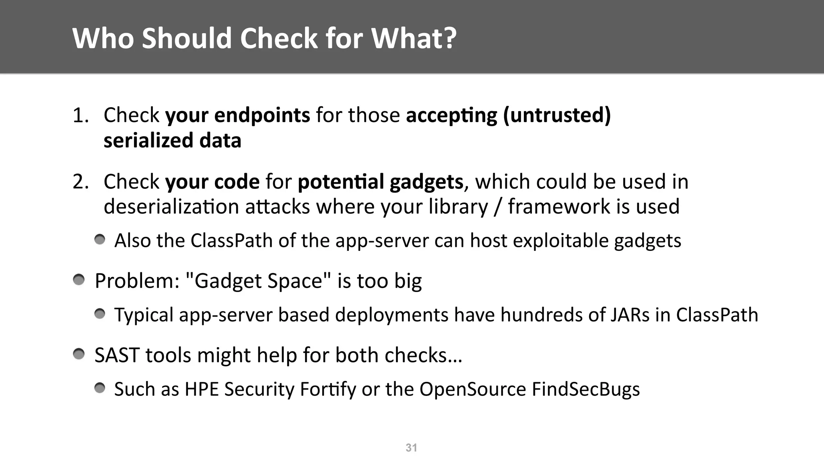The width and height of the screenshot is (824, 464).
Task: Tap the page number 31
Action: pyautogui.click(x=411, y=447)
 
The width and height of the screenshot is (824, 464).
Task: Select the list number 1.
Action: pyautogui.click(x=80, y=116)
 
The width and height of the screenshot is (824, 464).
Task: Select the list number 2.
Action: pyautogui.click(x=80, y=182)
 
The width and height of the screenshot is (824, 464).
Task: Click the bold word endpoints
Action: pyautogui.click(x=262, y=116)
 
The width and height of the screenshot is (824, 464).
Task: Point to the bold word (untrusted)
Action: pyautogui.click(x=557, y=116)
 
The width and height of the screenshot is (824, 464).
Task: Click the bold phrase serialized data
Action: pyautogui.click(x=172, y=141)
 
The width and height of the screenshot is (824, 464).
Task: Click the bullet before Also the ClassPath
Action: pyautogui.click(x=100, y=240)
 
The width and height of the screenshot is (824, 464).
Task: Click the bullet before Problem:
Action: pyautogui.click(x=79, y=280)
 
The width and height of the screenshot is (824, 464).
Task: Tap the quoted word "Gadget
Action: pyautogui.click(x=225, y=281)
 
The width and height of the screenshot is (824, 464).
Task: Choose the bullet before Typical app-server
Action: pyautogui.click(x=100, y=314)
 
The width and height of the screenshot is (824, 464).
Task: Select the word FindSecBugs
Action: pyautogui.click(x=585, y=389)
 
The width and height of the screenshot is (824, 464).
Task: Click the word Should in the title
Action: pyautogui.click(x=187, y=38)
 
